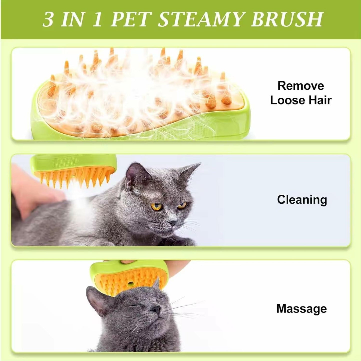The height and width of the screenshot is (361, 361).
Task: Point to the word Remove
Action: click(x=301, y=86)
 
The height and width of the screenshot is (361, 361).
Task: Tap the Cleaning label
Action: click(x=302, y=200)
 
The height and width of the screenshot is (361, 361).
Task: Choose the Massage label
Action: click(x=302, y=309)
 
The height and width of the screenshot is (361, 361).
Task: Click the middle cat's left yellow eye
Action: click(x=157, y=206)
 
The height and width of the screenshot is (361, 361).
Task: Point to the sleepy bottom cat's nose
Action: click(x=156, y=310)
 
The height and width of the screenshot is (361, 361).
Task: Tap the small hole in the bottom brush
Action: click(x=130, y=284)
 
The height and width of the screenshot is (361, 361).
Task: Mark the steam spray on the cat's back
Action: click(x=77, y=202)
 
